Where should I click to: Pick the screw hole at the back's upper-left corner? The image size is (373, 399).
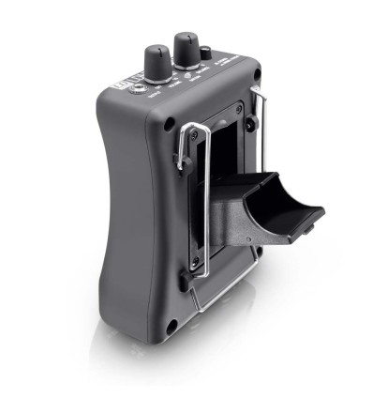[x=169, y=124]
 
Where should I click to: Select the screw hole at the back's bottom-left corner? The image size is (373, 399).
[x=171, y=326]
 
